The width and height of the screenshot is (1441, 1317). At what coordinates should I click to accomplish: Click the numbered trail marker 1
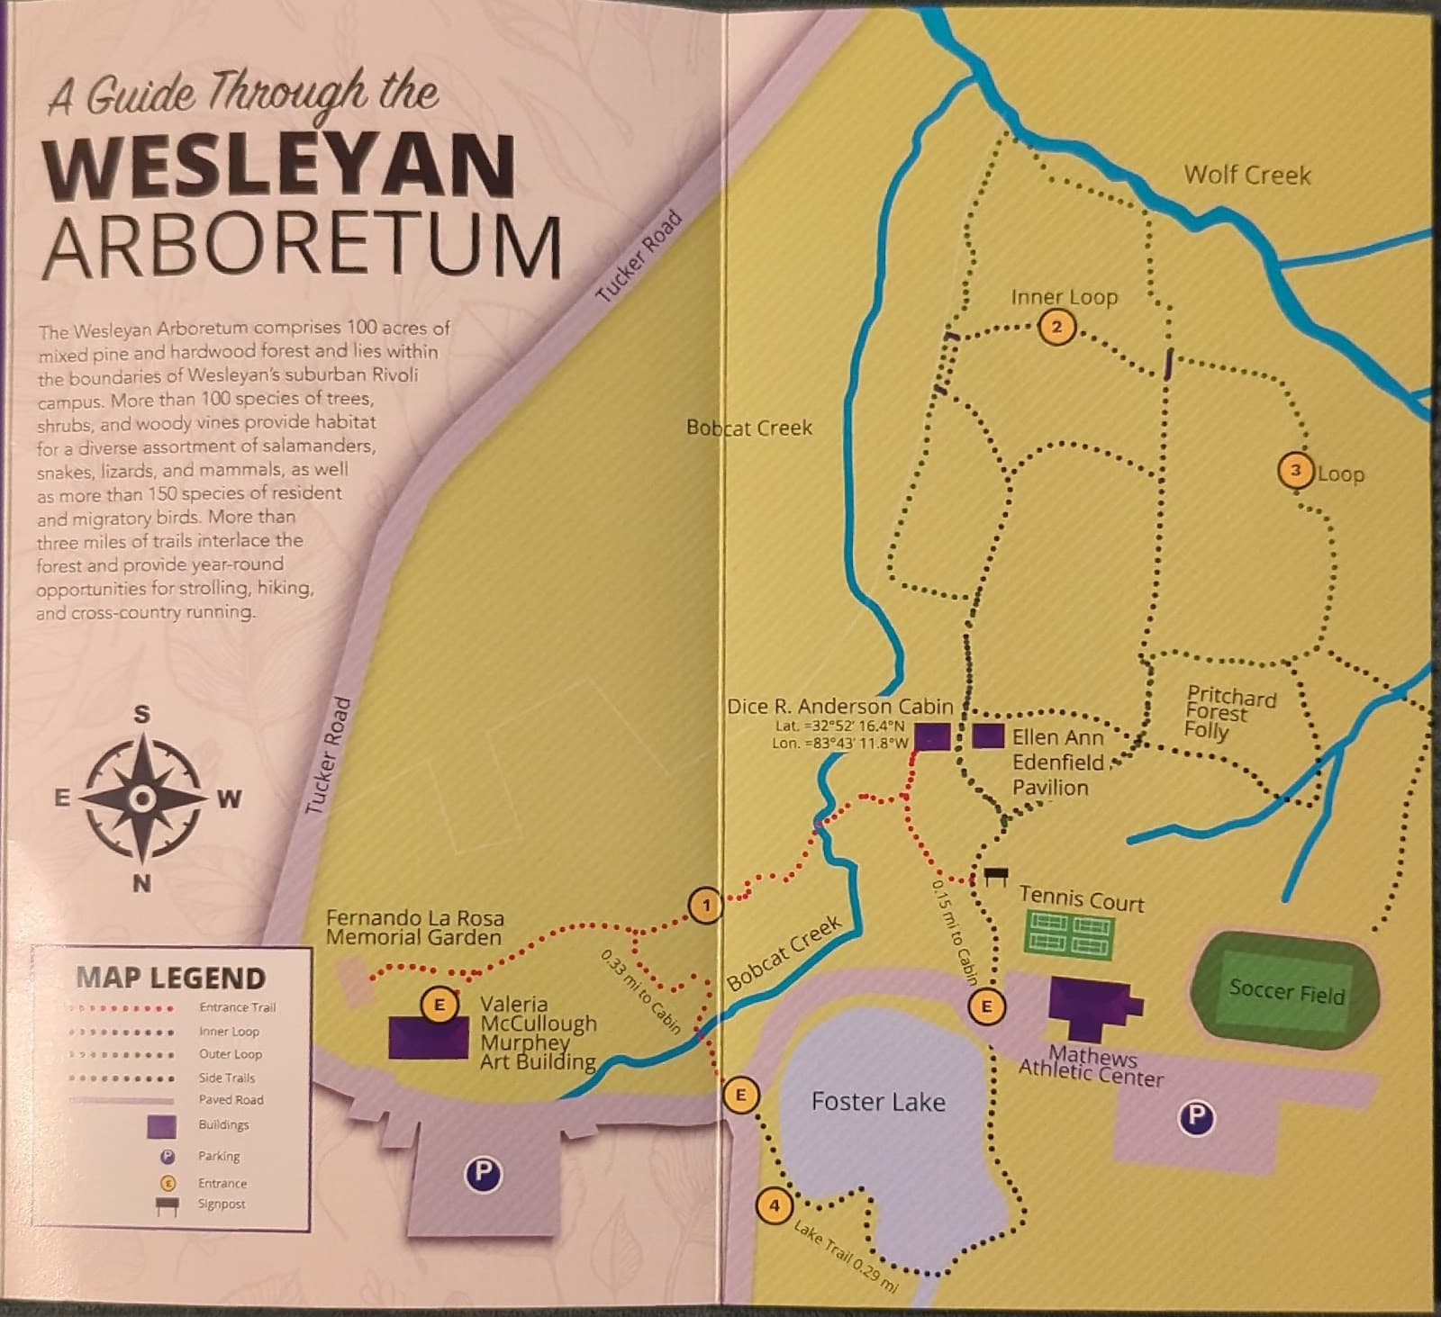click(706, 905)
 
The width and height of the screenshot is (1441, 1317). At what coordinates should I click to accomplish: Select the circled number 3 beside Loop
click(1295, 471)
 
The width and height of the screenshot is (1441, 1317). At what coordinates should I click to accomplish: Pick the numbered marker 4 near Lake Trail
click(774, 1204)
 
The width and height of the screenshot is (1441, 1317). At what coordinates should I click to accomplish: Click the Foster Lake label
click(878, 1102)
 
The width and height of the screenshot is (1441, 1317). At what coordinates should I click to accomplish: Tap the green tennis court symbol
click(1069, 934)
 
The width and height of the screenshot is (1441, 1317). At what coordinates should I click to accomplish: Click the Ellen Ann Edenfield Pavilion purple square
click(989, 735)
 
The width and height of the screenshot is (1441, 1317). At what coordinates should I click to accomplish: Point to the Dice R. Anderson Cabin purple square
click(933, 736)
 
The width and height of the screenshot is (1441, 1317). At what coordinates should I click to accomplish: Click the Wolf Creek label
click(1246, 175)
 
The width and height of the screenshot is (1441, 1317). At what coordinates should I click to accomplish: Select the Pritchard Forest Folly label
click(1230, 711)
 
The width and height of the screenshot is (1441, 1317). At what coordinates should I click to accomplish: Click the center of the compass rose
click(142, 798)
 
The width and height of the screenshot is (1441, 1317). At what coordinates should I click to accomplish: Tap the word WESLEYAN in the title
click(279, 167)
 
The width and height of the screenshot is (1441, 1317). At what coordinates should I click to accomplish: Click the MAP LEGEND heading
click(170, 978)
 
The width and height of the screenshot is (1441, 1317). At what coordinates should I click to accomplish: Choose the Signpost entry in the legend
click(222, 1204)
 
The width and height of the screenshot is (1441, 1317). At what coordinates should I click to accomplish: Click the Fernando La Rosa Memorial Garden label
click(414, 928)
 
